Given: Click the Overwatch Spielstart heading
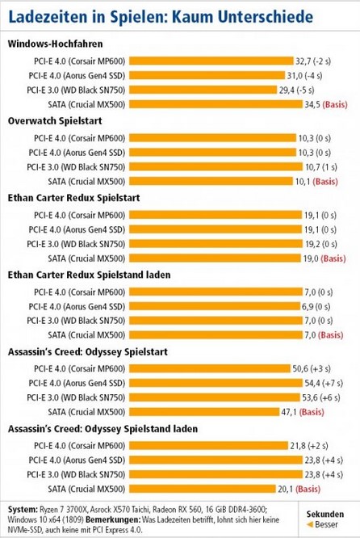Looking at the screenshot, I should [x=51, y=120].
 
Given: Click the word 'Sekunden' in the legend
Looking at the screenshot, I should [x=327, y=514].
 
